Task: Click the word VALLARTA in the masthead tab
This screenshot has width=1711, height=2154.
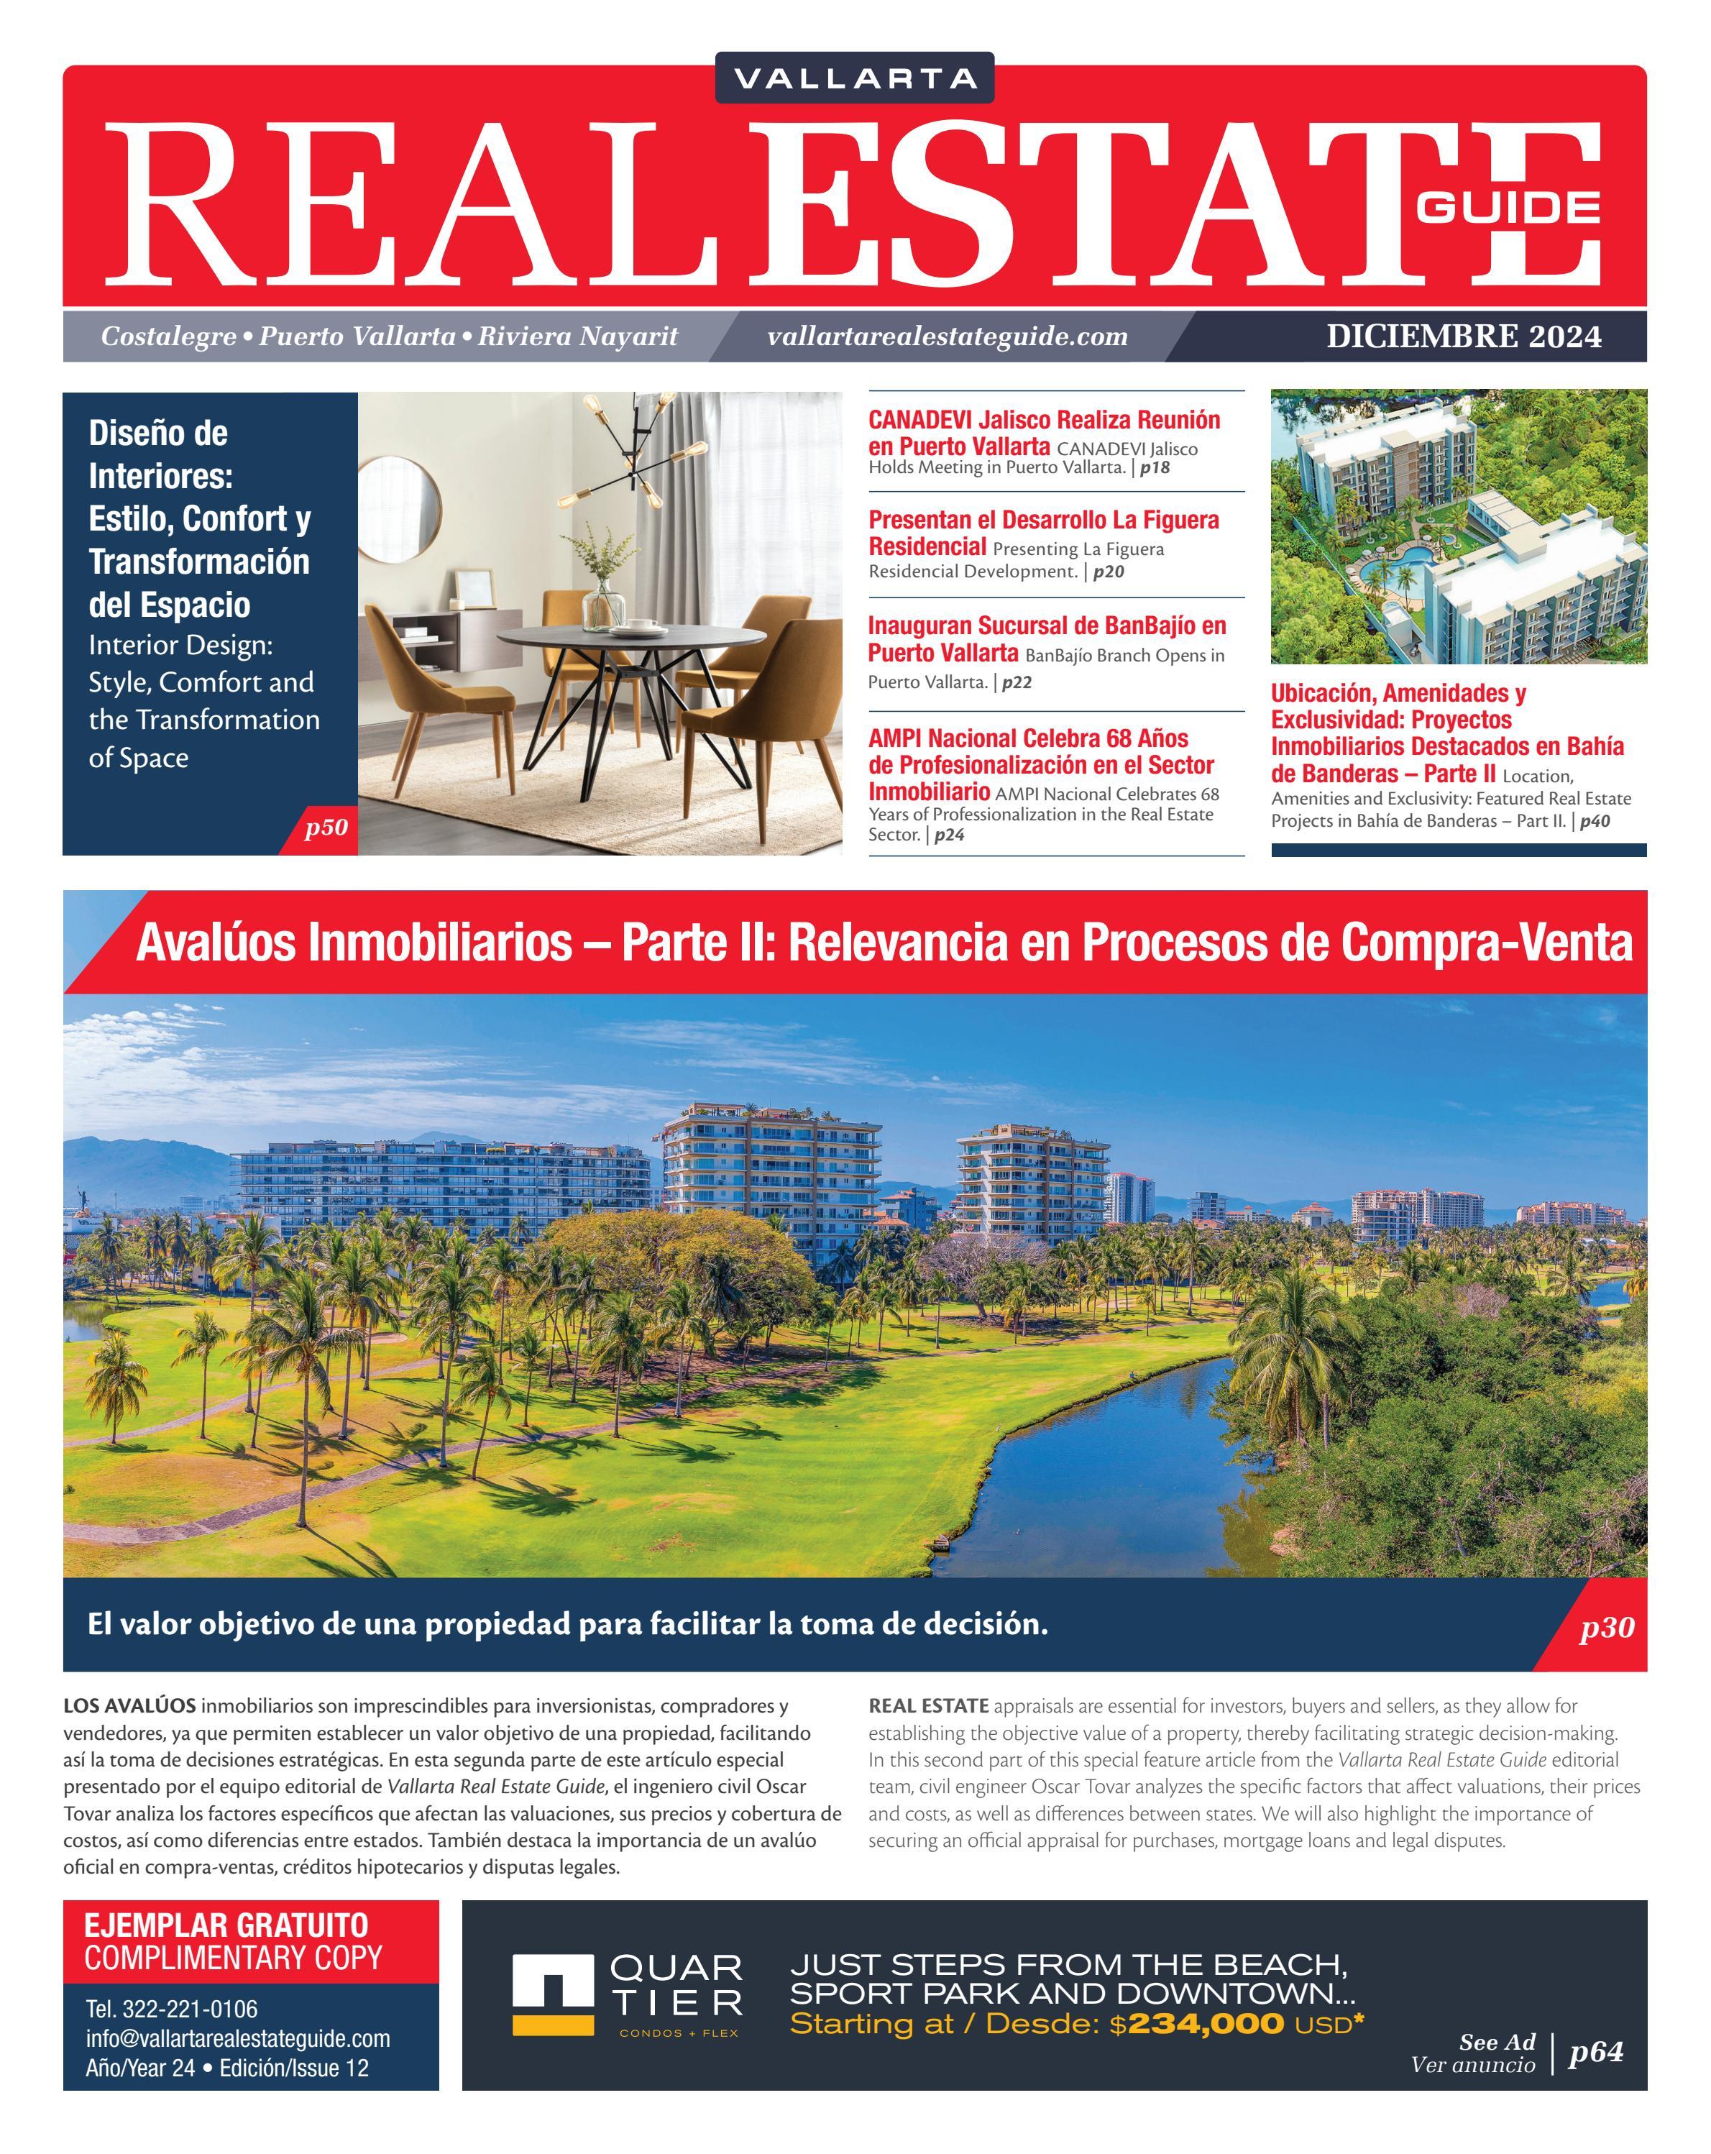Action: point(854,78)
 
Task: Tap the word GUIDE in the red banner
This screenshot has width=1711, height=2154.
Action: point(1508,207)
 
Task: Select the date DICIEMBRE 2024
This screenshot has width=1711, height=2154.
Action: point(1463,336)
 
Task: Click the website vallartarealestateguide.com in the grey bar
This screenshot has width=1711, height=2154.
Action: point(947,336)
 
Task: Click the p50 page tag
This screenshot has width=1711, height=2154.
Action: point(326,828)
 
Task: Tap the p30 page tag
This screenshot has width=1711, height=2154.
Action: point(1606,1628)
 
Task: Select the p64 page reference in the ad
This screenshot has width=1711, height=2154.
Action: point(1596,2052)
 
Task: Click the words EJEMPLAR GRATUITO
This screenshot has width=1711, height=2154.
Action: point(226,1925)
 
